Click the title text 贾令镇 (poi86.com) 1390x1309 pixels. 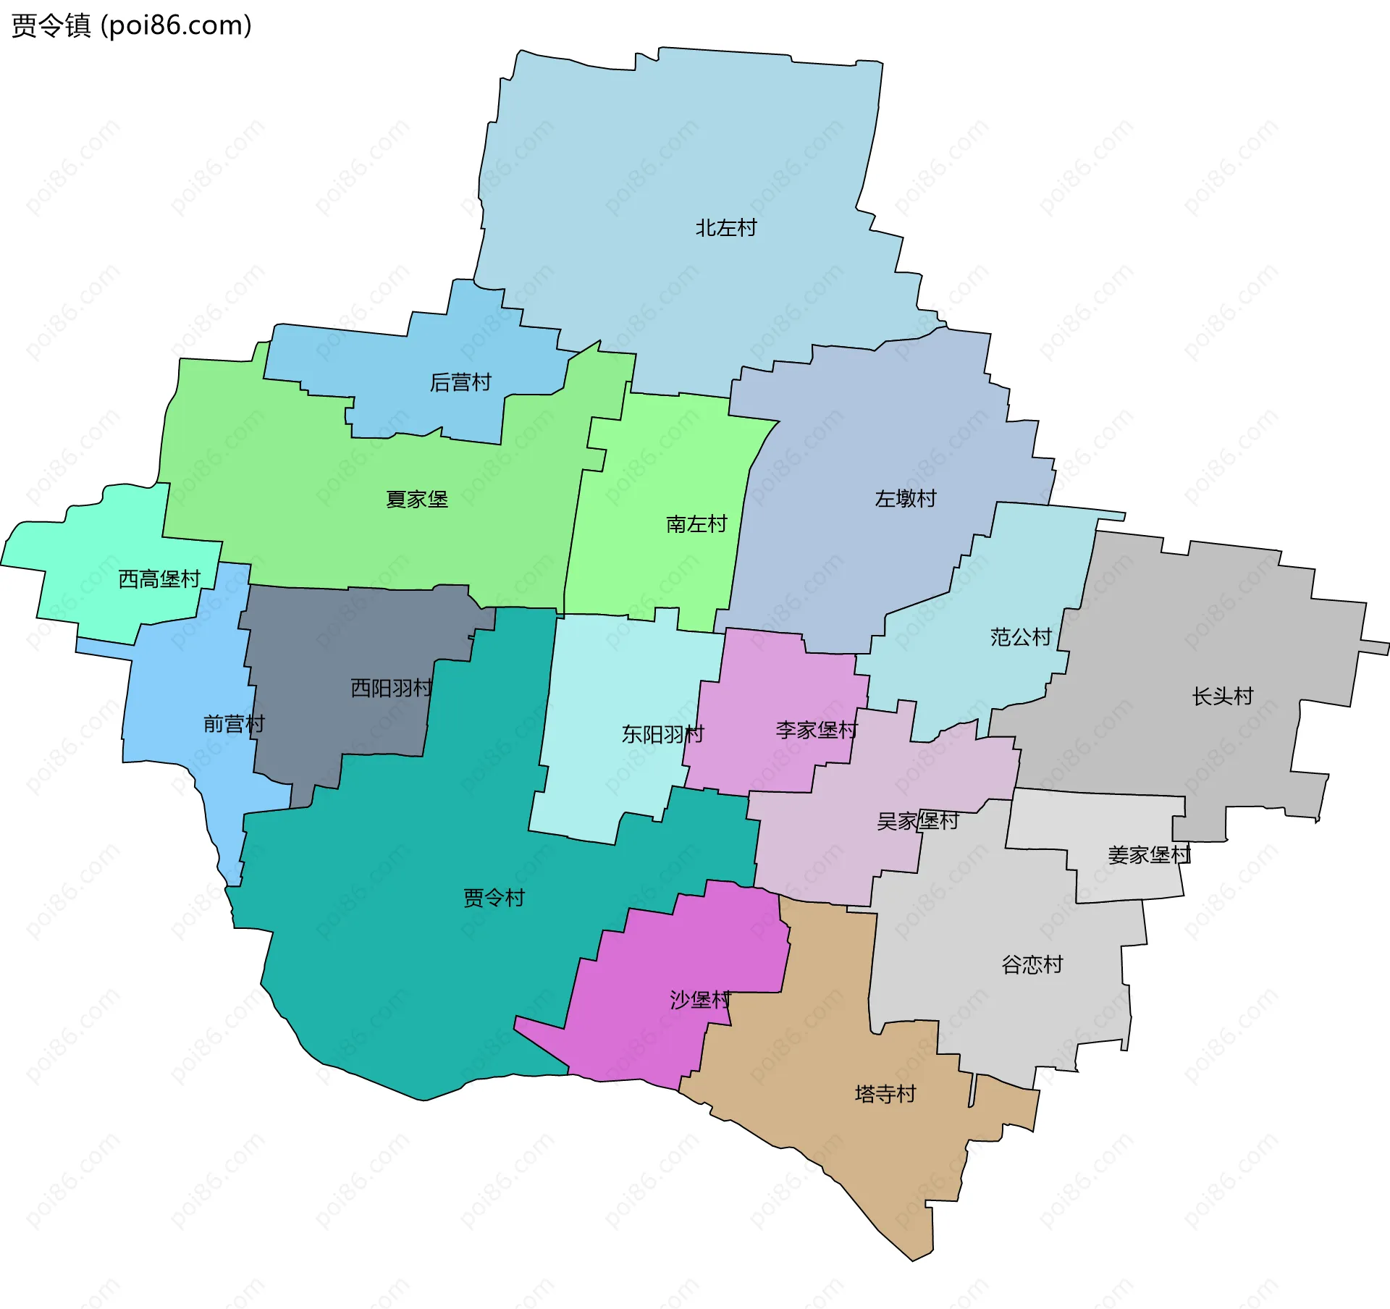click(x=132, y=25)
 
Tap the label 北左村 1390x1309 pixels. click(x=725, y=228)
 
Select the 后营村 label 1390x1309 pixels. click(x=460, y=382)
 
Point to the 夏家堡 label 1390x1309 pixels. click(x=416, y=500)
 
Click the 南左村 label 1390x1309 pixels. click(x=696, y=524)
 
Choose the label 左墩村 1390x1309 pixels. click(x=905, y=499)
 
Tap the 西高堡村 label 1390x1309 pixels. click(x=159, y=579)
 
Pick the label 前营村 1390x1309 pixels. click(x=234, y=724)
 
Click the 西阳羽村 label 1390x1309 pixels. click(x=392, y=688)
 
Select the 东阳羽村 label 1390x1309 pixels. click(x=662, y=735)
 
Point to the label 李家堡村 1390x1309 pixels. click(x=817, y=730)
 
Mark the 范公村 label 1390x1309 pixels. click(x=1021, y=637)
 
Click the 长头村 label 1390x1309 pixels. click(x=1223, y=696)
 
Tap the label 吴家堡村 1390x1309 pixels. click(x=917, y=821)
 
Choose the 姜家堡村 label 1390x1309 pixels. click(x=1149, y=855)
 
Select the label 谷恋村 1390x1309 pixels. click(x=1032, y=964)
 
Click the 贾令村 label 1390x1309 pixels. click(x=494, y=898)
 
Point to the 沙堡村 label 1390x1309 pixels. click(x=700, y=1000)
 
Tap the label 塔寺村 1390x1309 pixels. click(x=885, y=1093)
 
